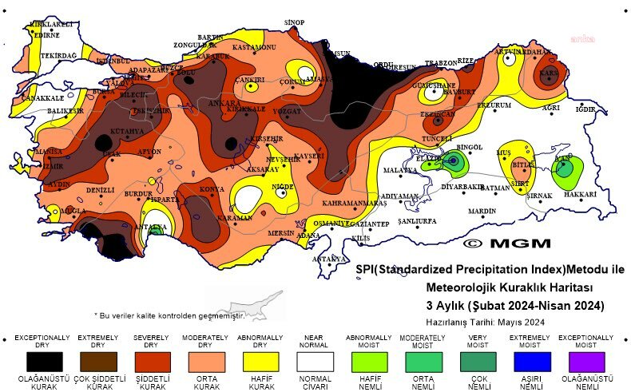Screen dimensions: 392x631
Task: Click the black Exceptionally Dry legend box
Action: coord(42,361)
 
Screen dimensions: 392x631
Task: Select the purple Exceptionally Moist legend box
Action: coord(588,361)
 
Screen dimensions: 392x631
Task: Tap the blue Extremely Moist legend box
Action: coord(534,361)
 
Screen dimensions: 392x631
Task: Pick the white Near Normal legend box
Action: coord(315,361)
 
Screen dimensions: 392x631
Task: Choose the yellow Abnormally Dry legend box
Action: coord(260,361)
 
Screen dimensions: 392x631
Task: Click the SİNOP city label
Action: coord(295,22)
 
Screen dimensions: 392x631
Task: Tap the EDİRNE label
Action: coord(46,35)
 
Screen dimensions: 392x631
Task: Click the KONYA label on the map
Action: coord(211,189)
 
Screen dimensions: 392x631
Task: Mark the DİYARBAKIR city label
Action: coord(463,187)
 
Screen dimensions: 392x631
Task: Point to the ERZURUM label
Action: coord(494,105)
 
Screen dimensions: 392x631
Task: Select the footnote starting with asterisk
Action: coord(169,315)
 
